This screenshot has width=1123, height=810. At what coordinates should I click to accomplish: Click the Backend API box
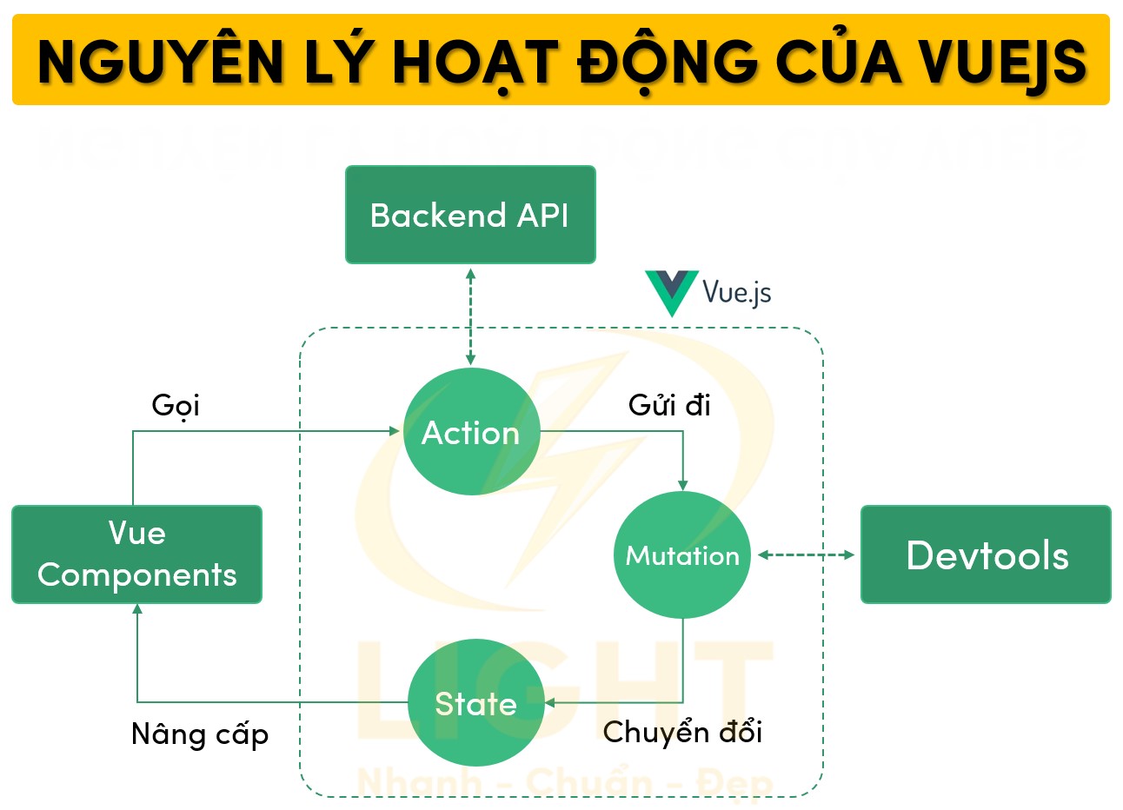(x=470, y=215)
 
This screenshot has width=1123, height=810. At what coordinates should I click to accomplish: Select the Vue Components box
(x=136, y=554)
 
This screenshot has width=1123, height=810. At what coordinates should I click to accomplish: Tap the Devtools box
(x=986, y=554)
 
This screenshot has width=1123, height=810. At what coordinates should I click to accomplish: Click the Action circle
(x=471, y=432)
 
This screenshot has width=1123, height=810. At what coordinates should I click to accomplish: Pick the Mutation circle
(x=682, y=555)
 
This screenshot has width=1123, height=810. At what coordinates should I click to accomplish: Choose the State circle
(x=475, y=703)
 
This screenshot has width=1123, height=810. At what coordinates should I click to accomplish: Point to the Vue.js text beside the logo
(x=736, y=292)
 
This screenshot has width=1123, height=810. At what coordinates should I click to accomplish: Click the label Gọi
(x=176, y=405)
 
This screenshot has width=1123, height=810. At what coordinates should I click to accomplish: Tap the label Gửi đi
(x=669, y=405)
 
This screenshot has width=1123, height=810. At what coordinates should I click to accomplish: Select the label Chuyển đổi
(x=682, y=732)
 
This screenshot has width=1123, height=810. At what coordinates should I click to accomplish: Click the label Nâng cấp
(x=200, y=734)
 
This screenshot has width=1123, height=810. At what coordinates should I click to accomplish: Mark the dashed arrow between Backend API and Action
(x=470, y=315)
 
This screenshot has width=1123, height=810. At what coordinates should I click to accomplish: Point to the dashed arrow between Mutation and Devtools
(x=806, y=554)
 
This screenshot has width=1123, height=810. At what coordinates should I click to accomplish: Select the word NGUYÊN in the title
(x=162, y=62)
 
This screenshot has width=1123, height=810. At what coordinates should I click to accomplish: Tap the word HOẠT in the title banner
(x=475, y=62)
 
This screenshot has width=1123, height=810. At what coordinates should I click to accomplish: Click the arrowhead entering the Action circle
(x=395, y=431)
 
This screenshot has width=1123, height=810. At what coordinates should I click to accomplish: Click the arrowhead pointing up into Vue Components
(x=137, y=610)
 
